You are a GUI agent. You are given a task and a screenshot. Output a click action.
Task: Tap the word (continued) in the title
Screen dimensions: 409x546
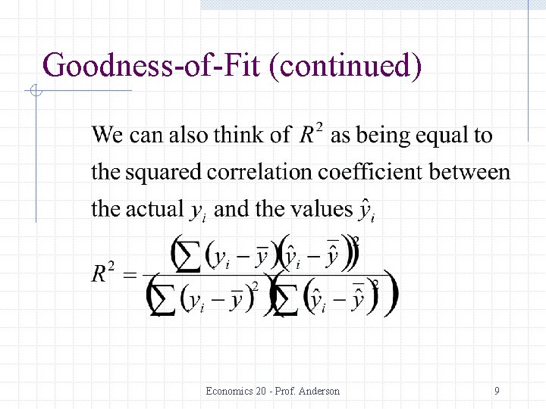pos(351,66)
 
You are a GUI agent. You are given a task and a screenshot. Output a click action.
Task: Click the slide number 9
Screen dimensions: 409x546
pos(497,392)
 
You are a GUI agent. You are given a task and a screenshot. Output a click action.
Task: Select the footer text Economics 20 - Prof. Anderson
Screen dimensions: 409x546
pos(273,392)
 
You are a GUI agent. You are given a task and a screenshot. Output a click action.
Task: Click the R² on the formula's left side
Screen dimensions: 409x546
pos(105,273)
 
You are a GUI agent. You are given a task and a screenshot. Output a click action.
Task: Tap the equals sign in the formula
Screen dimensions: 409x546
pos(129,275)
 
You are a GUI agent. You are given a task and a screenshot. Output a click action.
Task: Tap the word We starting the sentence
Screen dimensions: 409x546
pos(107,136)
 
